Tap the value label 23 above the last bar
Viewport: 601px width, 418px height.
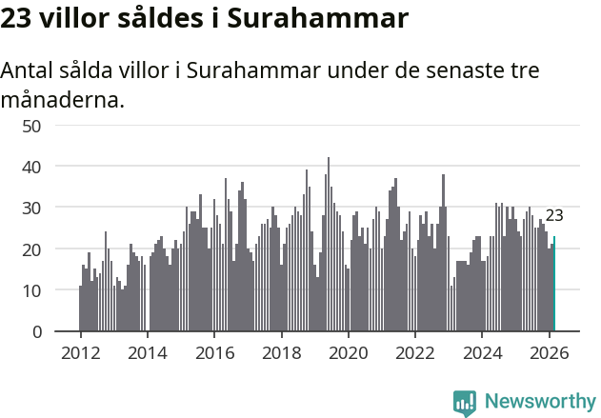(554, 215)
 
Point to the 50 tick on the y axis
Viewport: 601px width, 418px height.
(31, 126)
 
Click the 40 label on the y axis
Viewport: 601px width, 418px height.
(31, 167)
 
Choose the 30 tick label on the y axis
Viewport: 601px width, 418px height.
(31, 208)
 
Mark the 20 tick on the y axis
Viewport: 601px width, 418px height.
(31, 249)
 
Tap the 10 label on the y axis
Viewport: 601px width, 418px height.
(31, 290)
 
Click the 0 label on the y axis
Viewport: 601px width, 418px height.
(36, 331)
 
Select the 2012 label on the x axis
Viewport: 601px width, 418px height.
(80, 351)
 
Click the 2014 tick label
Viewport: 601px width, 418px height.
(147, 351)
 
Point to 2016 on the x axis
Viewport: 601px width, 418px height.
(214, 351)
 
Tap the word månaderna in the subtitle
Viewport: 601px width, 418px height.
(62, 99)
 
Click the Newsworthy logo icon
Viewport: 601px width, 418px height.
(465, 402)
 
